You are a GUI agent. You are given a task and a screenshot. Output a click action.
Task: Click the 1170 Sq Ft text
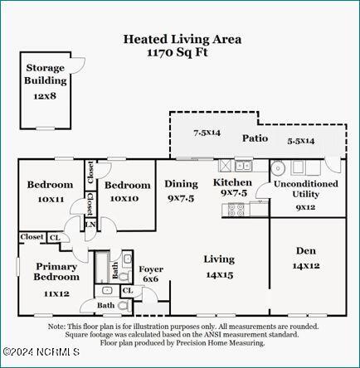click(178, 52)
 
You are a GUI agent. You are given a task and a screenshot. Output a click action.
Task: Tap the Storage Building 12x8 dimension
click(45, 96)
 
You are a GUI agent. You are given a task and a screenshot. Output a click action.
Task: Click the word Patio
click(255, 138)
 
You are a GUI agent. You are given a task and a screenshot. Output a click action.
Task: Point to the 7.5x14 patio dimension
click(207, 133)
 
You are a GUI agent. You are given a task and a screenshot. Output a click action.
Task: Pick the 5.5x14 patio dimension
click(301, 141)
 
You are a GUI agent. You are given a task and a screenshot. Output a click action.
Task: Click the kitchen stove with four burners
click(236, 210)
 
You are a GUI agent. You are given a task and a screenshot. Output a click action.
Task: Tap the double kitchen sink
click(243, 166)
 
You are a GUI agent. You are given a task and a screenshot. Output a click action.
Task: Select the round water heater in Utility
click(278, 168)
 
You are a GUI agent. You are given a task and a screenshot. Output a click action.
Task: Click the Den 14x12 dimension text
click(306, 266)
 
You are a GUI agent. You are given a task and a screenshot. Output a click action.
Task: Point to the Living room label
click(219, 259)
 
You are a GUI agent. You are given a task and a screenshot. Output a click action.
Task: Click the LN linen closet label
click(90, 225)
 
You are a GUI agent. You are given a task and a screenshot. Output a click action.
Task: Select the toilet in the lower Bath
click(124, 306)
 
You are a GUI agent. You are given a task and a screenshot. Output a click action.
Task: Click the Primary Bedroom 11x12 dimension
click(56, 293)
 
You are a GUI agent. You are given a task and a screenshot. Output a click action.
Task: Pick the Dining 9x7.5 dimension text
click(181, 198)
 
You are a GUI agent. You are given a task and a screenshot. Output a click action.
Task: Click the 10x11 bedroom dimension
click(51, 199)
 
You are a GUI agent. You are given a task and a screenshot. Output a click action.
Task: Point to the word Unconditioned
click(306, 184)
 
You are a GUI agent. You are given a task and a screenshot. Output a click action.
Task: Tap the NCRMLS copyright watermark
click(41, 351)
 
